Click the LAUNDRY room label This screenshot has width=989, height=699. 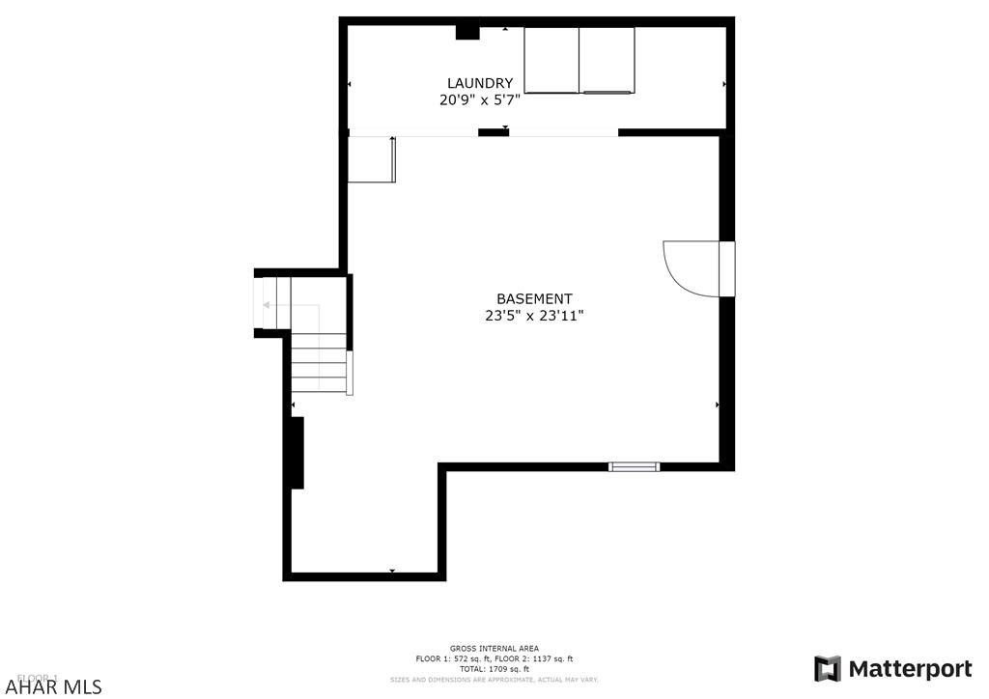coord(479,83)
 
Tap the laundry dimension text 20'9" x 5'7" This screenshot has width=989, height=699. coord(480,98)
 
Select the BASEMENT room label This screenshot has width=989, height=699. coord(534,299)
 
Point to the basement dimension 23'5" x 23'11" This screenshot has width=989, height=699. coord(534,315)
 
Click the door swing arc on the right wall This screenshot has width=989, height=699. coord(688,267)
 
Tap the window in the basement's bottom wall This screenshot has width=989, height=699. coord(634,466)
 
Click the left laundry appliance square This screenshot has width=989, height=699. coord(551,60)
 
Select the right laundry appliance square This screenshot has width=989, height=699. coord(607,60)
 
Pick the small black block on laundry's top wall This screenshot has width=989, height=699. coord(467,32)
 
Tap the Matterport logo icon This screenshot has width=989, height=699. coord(827,669)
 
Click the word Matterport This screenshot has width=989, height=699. coord(910,669)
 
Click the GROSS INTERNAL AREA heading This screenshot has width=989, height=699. coord(494,649)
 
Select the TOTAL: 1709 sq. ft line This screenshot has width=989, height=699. coord(494,668)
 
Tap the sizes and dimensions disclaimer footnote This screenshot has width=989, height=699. coord(494,680)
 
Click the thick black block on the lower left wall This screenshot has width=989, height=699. coord(297,452)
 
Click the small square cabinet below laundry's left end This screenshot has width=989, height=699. coord(372,159)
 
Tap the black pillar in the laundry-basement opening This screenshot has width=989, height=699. coord(494,132)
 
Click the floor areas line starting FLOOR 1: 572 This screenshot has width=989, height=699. coord(494,658)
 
